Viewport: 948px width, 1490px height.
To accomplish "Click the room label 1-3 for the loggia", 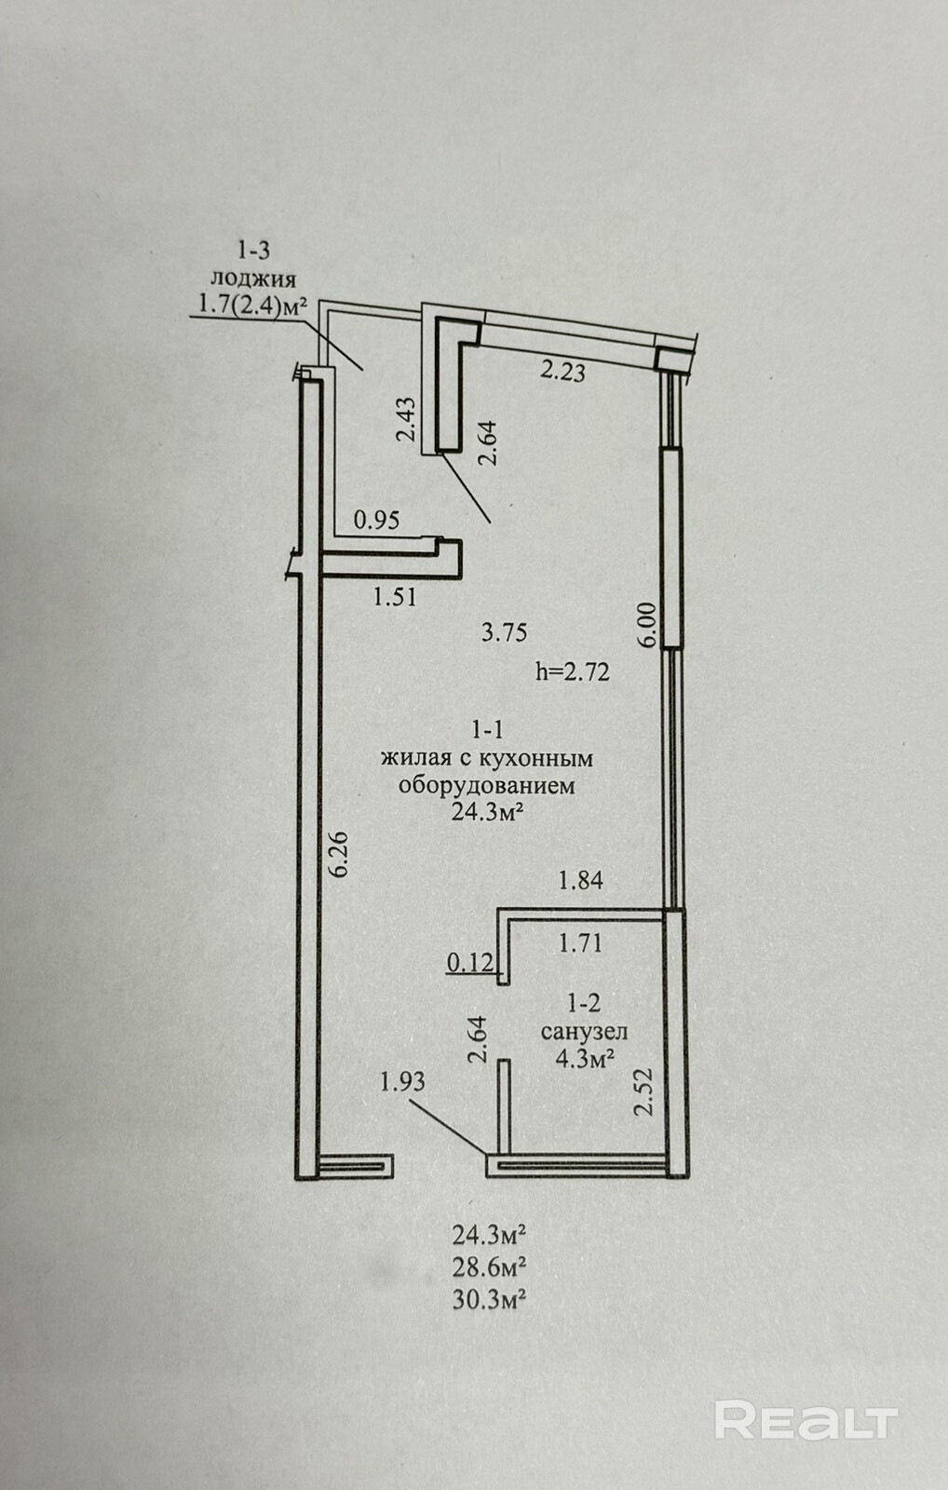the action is (253, 250).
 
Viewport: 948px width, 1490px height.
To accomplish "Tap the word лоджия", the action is (253, 278).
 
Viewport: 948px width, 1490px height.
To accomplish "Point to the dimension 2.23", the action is (563, 372).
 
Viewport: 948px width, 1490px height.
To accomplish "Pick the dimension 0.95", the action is (377, 520).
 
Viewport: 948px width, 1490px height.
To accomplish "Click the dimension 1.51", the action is (395, 597).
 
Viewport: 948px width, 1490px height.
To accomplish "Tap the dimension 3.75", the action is (505, 633).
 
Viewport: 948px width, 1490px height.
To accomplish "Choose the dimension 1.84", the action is (580, 879).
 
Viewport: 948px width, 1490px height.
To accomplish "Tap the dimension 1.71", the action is (580, 943).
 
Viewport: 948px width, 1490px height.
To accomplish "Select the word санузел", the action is (584, 1031).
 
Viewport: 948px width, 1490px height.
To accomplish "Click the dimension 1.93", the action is (402, 1081).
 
